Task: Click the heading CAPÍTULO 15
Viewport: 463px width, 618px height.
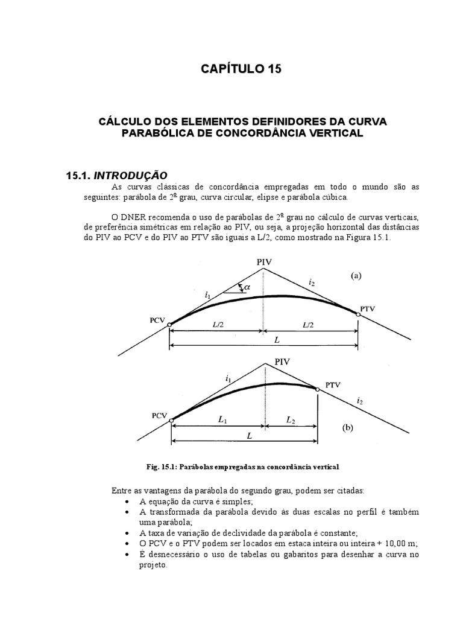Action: [x=241, y=69]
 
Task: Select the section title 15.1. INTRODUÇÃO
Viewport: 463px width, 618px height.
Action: [x=116, y=176]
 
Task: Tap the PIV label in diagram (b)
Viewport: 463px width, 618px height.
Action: [x=282, y=362]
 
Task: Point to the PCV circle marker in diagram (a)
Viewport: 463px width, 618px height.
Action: [x=170, y=325]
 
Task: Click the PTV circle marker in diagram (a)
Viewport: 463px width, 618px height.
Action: [x=358, y=314]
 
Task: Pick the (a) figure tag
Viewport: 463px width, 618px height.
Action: [x=356, y=275]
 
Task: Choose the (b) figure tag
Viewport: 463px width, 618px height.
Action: [x=347, y=428]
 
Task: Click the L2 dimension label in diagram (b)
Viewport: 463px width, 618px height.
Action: [x=291, y=418]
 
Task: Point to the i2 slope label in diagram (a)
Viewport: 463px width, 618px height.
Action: [x=311, y=281]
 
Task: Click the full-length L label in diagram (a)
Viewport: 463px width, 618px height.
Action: [x=277, y=340]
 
